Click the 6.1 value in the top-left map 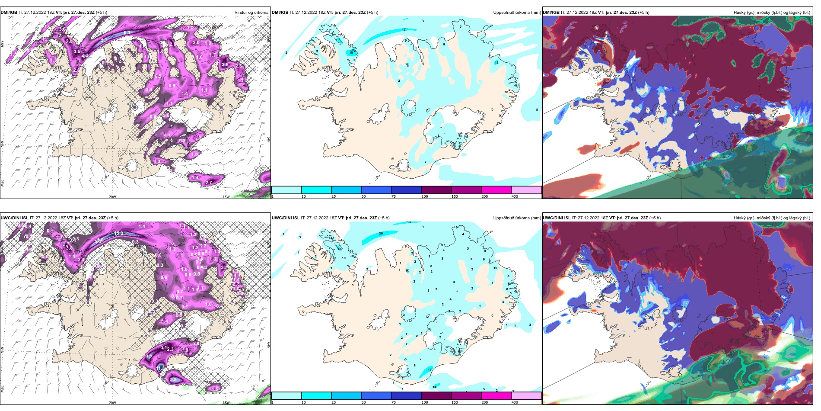(x=127, y=33)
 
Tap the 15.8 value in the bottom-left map (x=119, y=233)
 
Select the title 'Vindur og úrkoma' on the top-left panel (x=251, y=13)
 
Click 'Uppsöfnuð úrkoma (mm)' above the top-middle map (x=517, y=13)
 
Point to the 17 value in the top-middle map (x=404, y=30)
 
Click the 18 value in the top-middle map (x=351, y=52)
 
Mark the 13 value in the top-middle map (x=496, y=63)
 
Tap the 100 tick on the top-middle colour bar (x=425, y=196)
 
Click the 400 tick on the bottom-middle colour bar (x=515, y=402)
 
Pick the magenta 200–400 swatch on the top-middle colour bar (x=496, y=190)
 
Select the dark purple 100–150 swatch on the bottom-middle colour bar (x=436, y=396)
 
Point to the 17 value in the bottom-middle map (x=430, y=370)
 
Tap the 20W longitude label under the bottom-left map (x=112, y=403)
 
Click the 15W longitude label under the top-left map (x=226, y=197)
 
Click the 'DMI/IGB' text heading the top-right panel (x=551, y=13)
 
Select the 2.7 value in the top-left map (x=209, y=183)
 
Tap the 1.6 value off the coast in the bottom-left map (x=215, y=389)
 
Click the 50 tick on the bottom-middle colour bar (x=363, y=402)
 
